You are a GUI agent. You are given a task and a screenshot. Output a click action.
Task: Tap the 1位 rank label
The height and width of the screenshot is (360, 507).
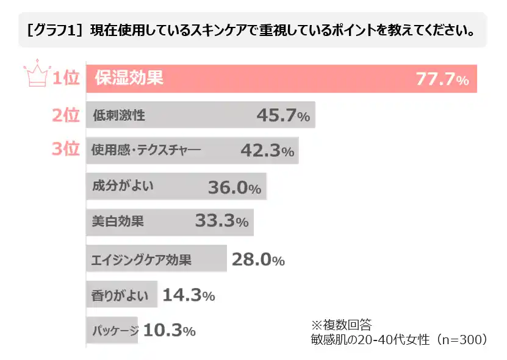pos(66,79)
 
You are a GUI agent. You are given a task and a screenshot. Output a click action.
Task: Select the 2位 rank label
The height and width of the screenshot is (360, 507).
pos(66,115)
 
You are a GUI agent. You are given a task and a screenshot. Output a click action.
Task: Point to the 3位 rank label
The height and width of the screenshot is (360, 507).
pos(66,149)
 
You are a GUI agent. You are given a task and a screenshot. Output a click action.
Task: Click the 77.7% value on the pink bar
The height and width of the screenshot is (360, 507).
pos(442,79)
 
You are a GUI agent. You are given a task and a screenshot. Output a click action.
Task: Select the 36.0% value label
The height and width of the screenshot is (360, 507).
pos(234,187)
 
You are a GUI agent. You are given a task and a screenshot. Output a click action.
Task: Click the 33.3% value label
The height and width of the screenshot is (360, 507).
pos(221,221)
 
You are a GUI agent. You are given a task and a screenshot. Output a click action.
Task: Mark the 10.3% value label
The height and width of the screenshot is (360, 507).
pos(169,331)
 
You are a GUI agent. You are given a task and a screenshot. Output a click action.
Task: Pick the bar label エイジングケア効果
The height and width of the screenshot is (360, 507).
pos(141,260)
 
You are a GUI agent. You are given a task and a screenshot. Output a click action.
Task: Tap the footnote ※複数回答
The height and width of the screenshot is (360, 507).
pos(346,324)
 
